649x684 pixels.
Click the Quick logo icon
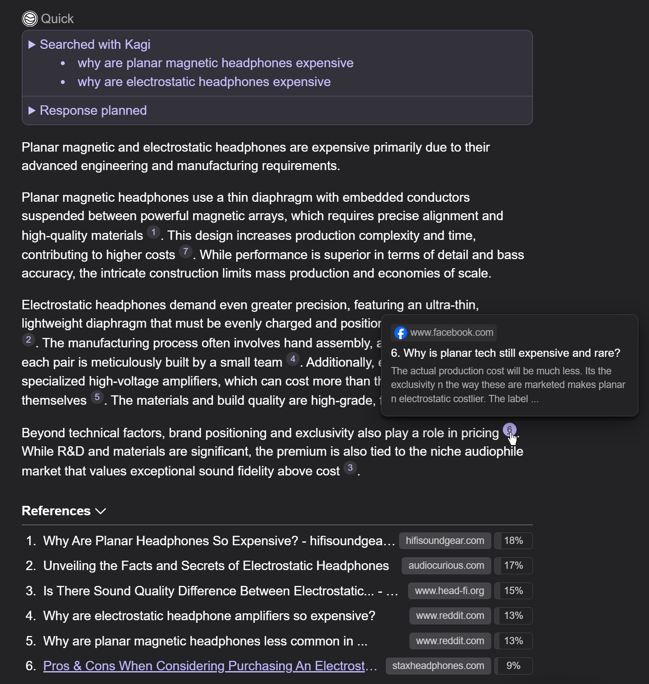[30, 19]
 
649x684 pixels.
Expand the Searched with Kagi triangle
[32, 45]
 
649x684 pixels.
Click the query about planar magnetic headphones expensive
[215, 63]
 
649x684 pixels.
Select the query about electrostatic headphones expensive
[204, 82]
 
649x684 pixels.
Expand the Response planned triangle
[32, 111]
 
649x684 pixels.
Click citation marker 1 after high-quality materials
[153, 233]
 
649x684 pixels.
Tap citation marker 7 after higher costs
[186, 252]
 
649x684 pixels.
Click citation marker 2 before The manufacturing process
[28, 340]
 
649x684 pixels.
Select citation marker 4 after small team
[293, 359]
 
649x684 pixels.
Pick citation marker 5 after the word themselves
[97, 397]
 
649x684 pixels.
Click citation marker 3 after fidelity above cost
[350, 468]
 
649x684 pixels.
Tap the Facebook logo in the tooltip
[400, 333]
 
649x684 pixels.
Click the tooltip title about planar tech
[505, 353]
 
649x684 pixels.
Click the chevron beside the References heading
[101, 511]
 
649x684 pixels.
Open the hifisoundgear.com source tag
[445, 541]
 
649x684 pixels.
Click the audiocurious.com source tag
[446, 566]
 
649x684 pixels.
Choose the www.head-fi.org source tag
[449, 591]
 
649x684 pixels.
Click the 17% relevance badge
[513, 566]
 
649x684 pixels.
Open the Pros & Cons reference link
[210, 666]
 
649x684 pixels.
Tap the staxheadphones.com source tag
[438, 666]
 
